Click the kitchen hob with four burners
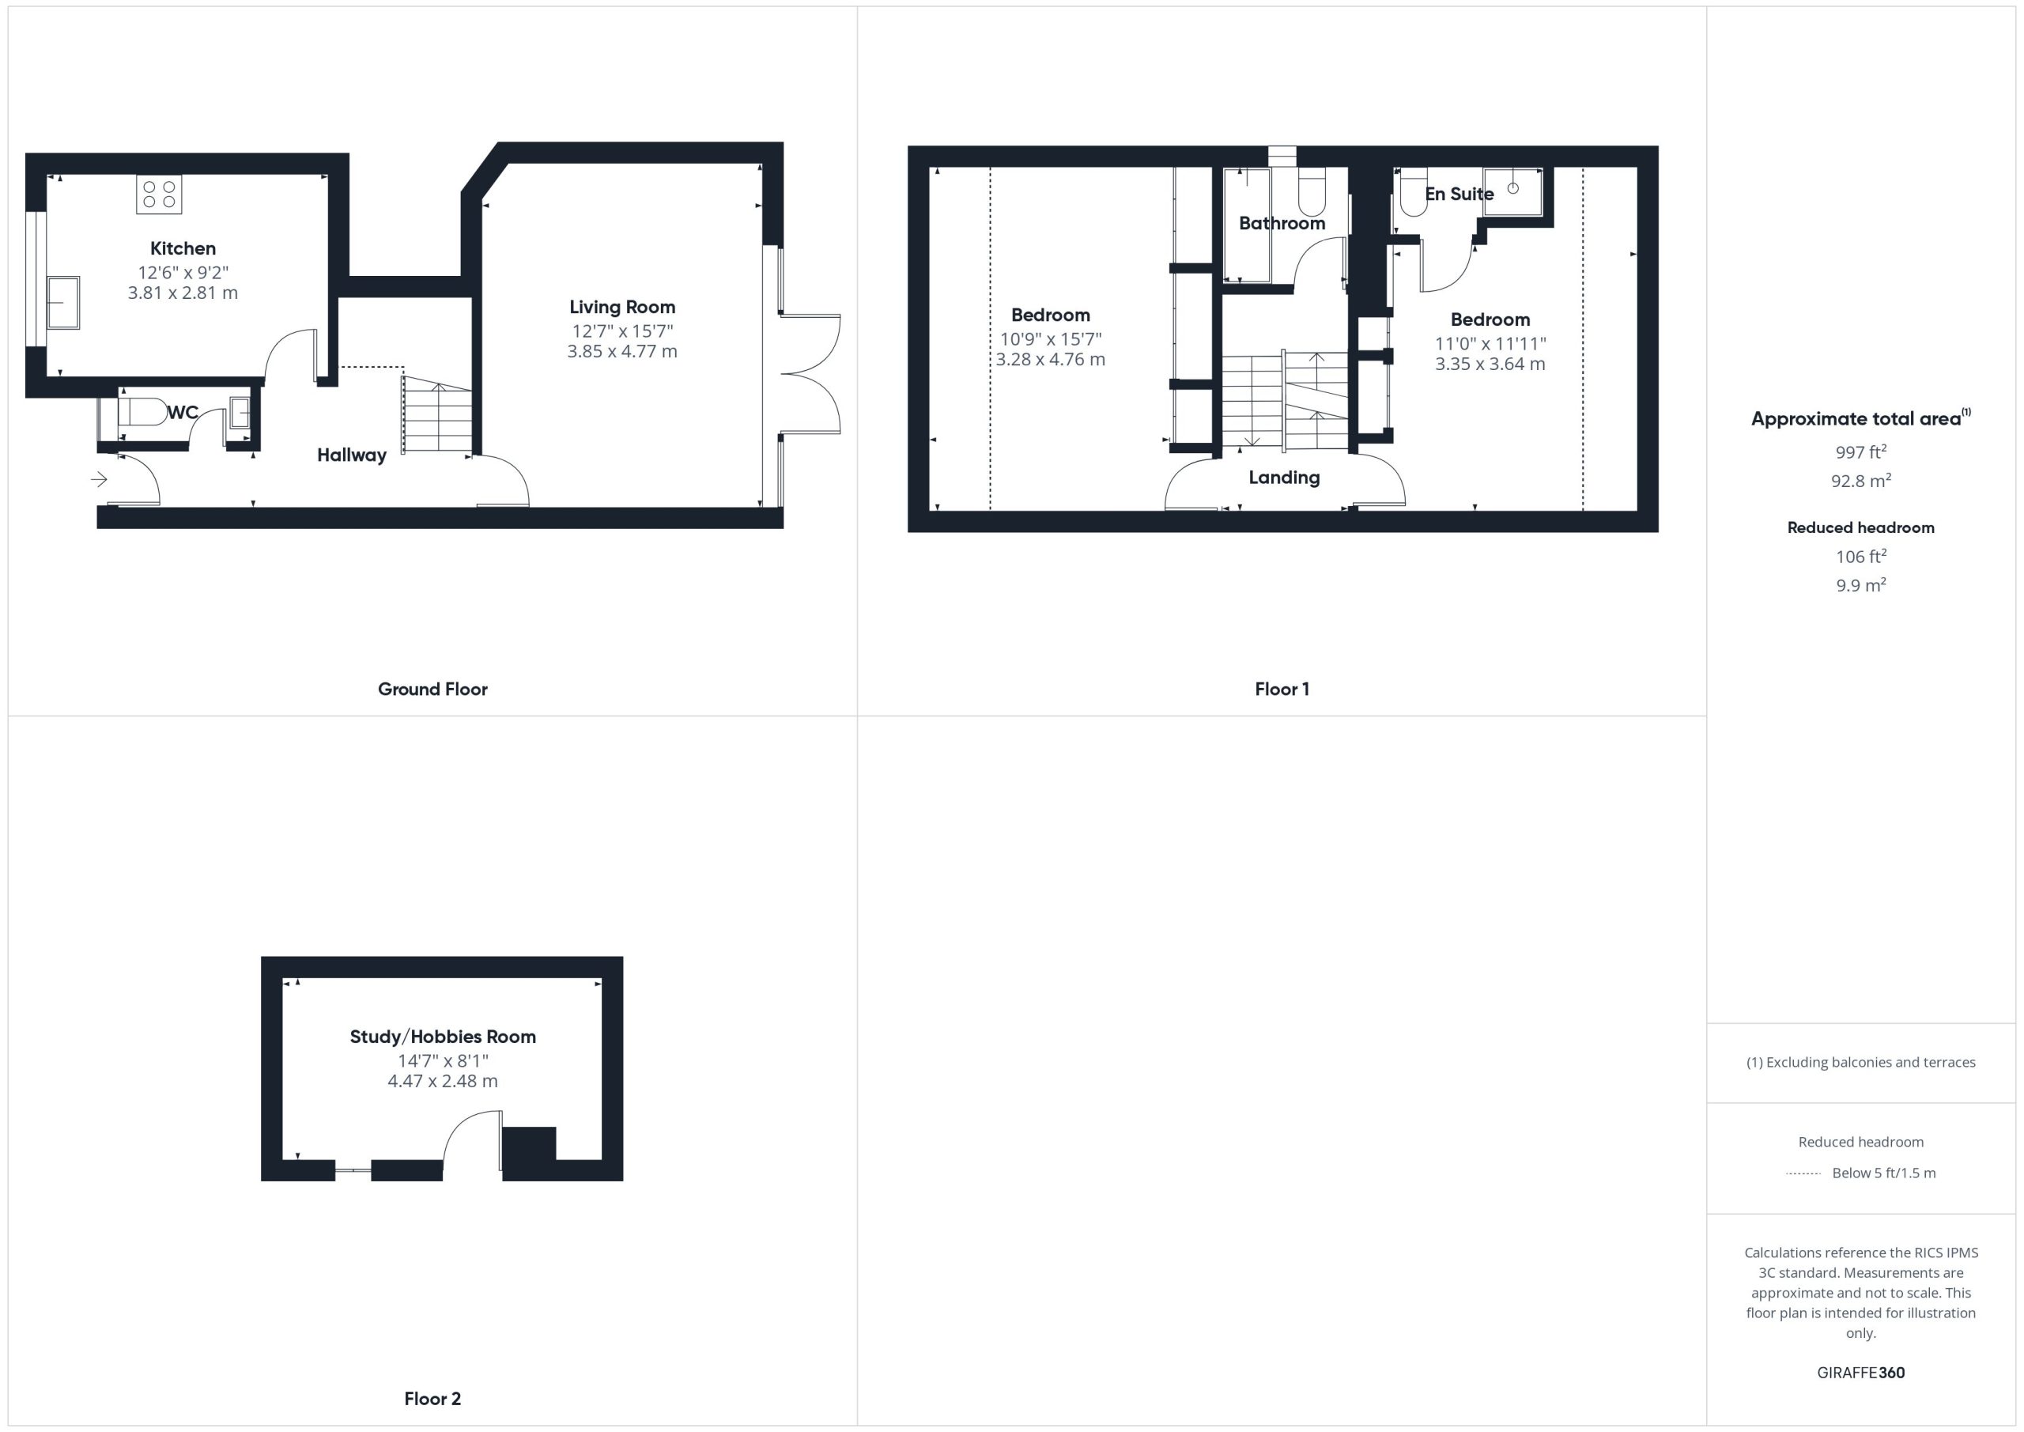pyautogui.click(x=159, y=194)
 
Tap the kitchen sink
pyautogui.click(x=63, y=302)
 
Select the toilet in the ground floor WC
pyautogui.click(x=142, y=412)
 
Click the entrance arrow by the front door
pyautogui.click(x=99, y=479)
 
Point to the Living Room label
pyautogui.click(x=622, y=307)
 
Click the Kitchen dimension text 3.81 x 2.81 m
pyautogui.click(x=183, y=293)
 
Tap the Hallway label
pyautogui.click(x=352, y=455)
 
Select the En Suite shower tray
pyautogui.click(x=1512, y=191)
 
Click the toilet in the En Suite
pyautogui.click(x=1413, y=191)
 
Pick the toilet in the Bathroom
pyautogui.click(x=1312, y=191)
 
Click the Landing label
pyautogui.click(x=1285, y=477)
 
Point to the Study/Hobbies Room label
pyautogui.click(x=443, y=1036)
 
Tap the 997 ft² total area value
pyautogui.click(x=1861, y=452)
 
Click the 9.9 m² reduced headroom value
pyautogui.click(x=1861, y=584)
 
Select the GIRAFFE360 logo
pyautogui.click(x=1861, y=1372)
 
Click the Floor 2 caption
pyautogui.click(x=432, y=1399)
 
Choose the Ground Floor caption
pyautogui.click(x=432, y=689)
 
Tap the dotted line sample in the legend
pyautogui.click(x=1803, y=1173)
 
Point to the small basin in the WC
pyautogui.click(x=240, y=413)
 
